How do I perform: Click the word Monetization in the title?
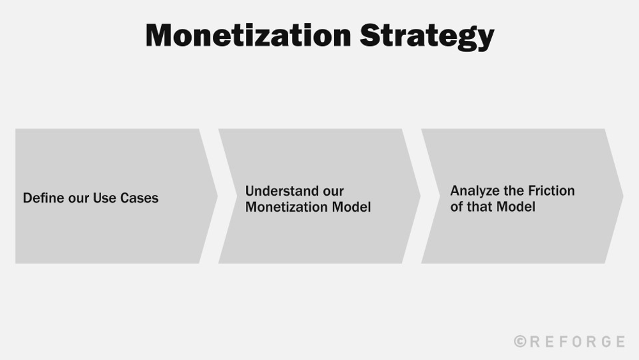tap(248, 35)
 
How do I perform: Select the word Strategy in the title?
tap(427, 36)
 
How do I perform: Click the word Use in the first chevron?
tap(104, 198)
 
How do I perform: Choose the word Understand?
tap(276, 191)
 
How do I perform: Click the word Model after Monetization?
tap(351, 207)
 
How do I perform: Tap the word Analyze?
tap(471, 191)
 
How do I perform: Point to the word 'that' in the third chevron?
tap(480, 207)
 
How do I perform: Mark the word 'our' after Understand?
tap(333, 191)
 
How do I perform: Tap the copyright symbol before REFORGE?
tap(520, 342)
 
